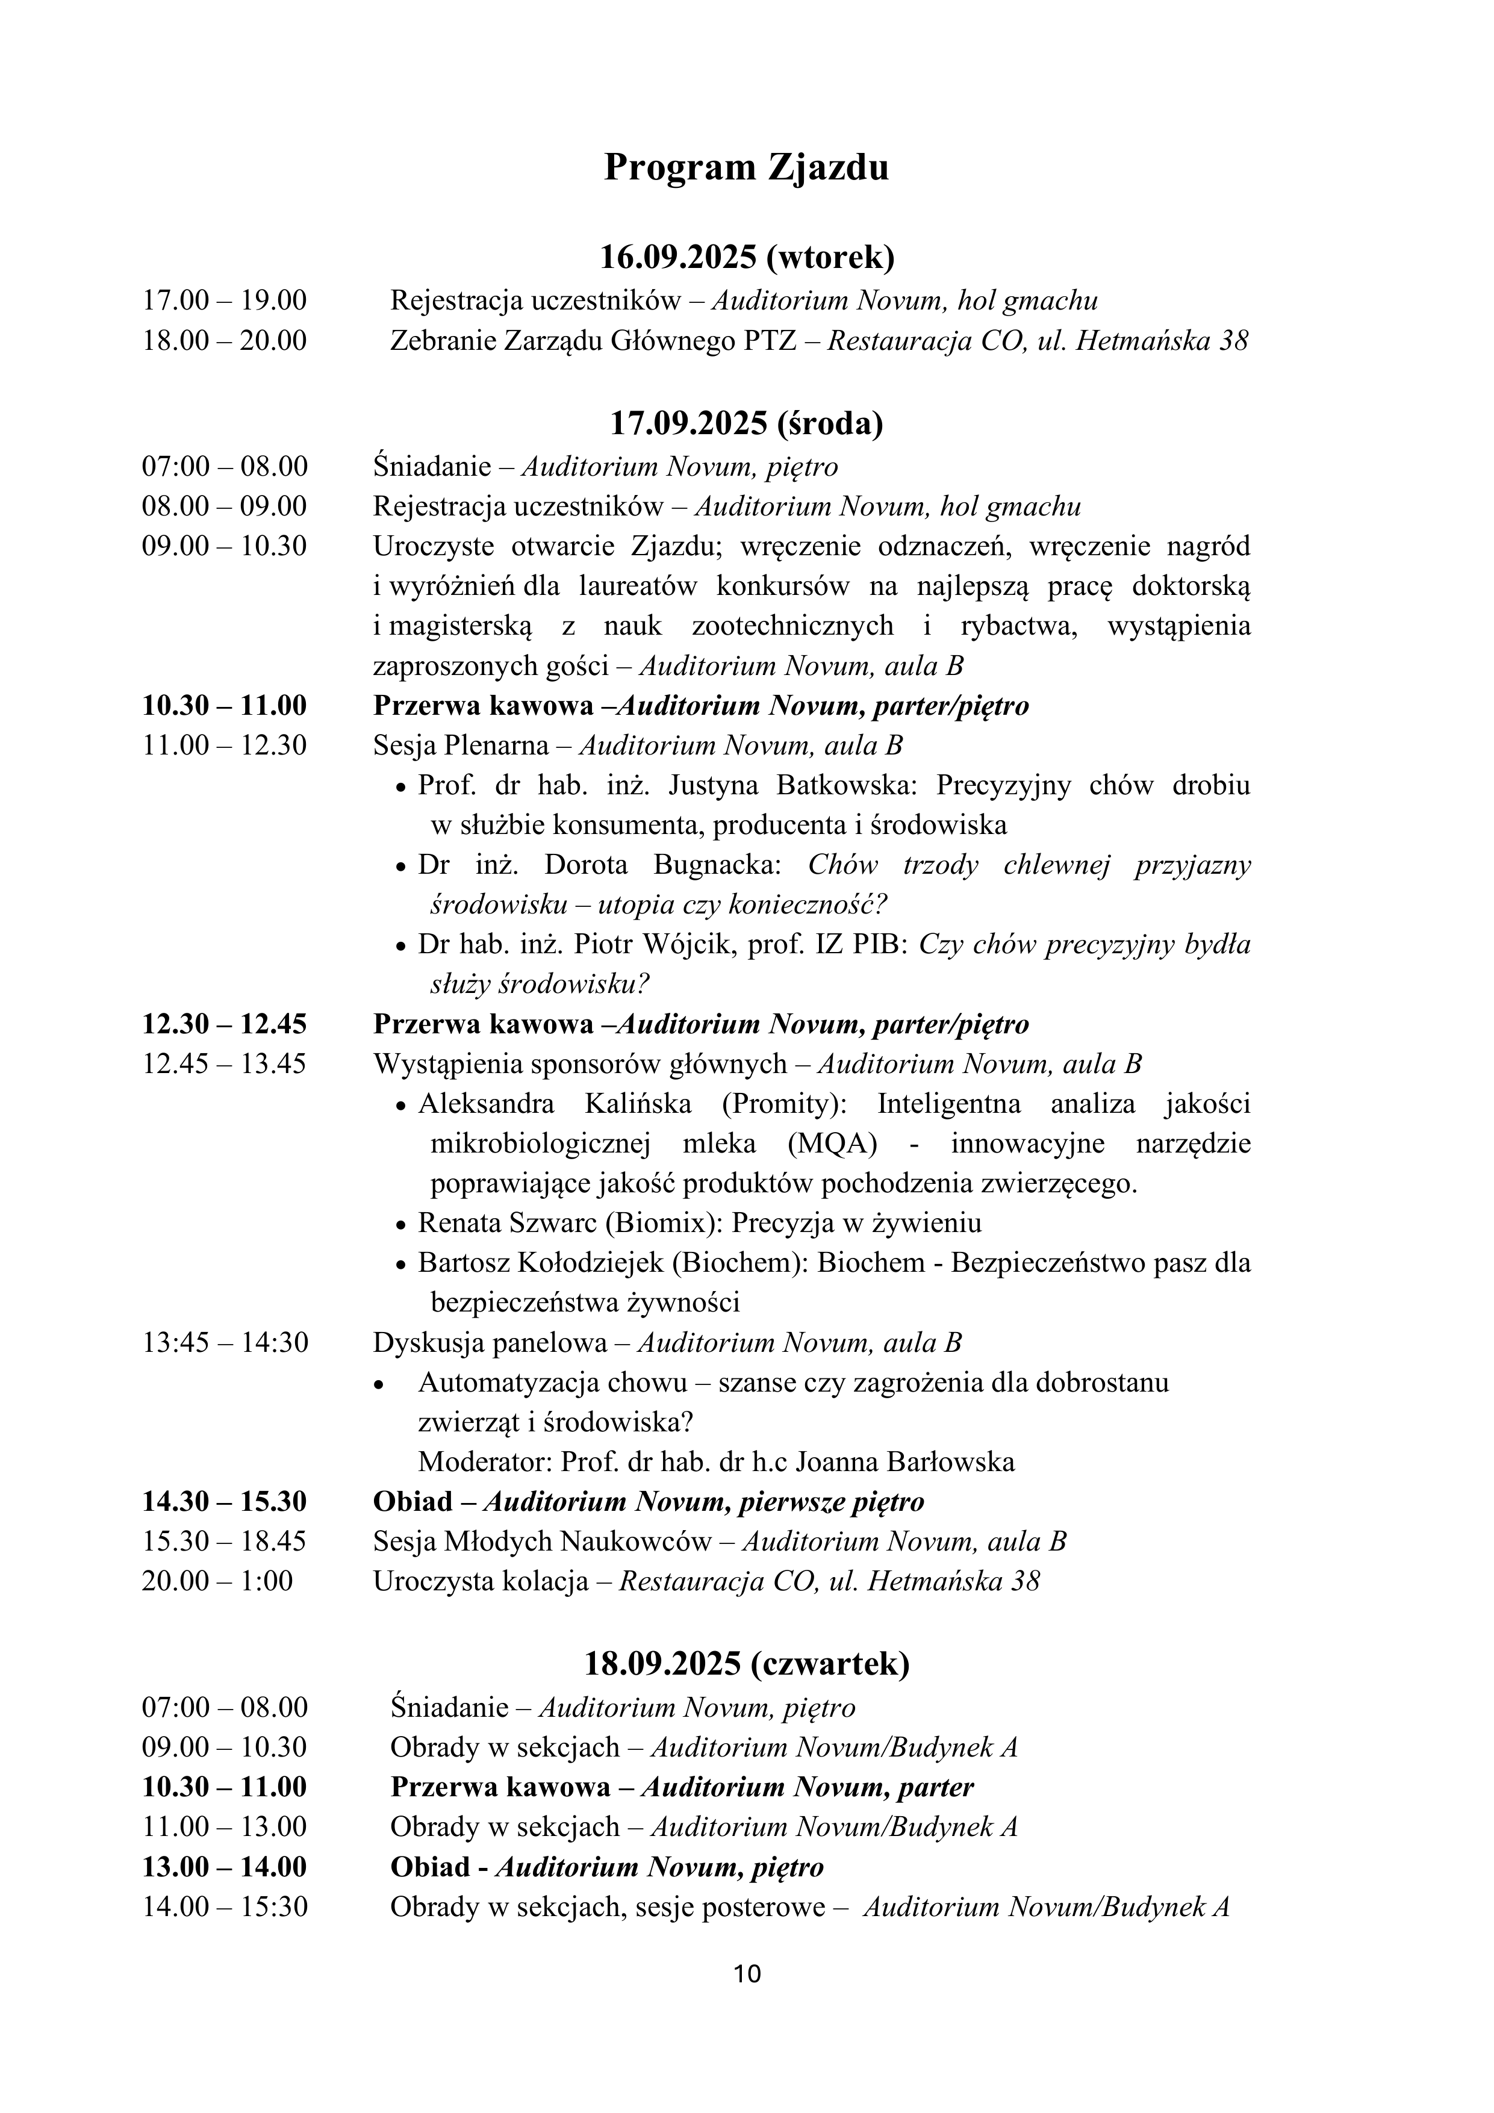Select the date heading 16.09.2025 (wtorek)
[x=747, y=257]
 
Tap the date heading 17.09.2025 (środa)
[x=747, y=423]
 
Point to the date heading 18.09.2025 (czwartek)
[x=747, y=1664]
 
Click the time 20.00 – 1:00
[x=217, y=1581]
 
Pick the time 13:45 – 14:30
[x=225, y=1343]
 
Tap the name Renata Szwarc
[x=508, y=1223]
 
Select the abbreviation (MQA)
[x=832, y=1144]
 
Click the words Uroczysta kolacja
[x=481, y=1581]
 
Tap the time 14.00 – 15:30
[x=225, y=1907]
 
